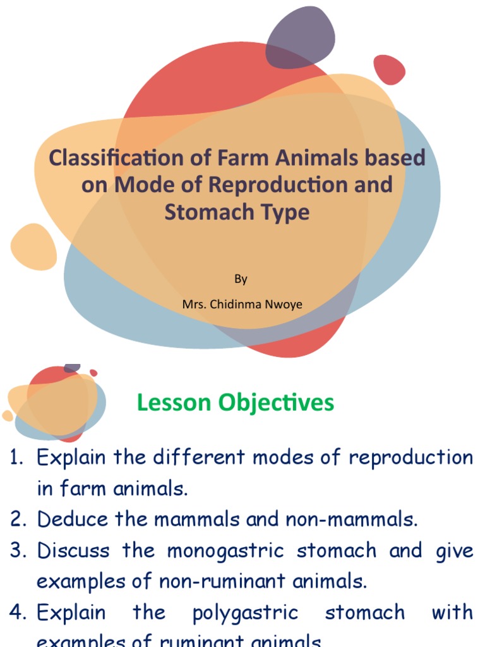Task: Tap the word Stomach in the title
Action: (201, 212)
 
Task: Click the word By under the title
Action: (241, 279)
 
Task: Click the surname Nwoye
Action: (285, 305)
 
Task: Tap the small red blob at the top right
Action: (389, 70)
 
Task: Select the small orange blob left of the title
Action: (33, 246)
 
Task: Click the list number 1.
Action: (17, 457)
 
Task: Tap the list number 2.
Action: (17, 519)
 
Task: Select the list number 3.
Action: (17, 551)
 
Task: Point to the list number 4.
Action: (17, 612)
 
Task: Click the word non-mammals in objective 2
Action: (352, 519)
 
